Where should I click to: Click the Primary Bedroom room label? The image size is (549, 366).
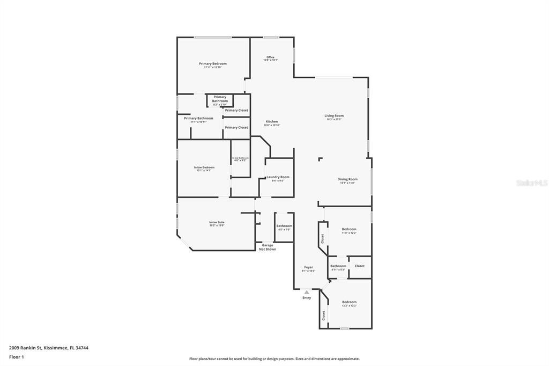point(213,64)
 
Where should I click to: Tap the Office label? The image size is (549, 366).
point(270,57)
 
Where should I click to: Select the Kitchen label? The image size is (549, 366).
point(272,122)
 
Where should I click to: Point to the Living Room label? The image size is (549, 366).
point(333,116)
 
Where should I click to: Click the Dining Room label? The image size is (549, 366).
point(347,179)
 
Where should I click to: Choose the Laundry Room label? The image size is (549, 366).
point(278,177)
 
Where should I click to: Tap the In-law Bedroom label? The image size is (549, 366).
point(204,167)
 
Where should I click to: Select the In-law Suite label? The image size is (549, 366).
point(217,223)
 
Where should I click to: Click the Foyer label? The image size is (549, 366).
point(308,267)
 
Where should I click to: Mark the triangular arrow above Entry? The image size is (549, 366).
point(307,292)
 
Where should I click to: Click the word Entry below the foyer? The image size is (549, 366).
point(307,298)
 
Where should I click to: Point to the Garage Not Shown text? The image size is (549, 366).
point(268,247)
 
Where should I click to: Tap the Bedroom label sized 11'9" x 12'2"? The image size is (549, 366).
point(349,229)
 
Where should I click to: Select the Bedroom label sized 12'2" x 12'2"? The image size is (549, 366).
point(349,302)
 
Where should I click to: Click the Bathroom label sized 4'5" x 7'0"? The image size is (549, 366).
point(284,226)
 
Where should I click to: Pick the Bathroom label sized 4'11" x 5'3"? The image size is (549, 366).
point(338,266)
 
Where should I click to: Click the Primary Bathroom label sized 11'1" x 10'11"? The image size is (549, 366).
point(198,118)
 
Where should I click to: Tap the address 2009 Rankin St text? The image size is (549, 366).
point(49,348)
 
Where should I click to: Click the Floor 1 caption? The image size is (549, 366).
point(17,357)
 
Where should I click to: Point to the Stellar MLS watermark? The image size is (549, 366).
point(531,183)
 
